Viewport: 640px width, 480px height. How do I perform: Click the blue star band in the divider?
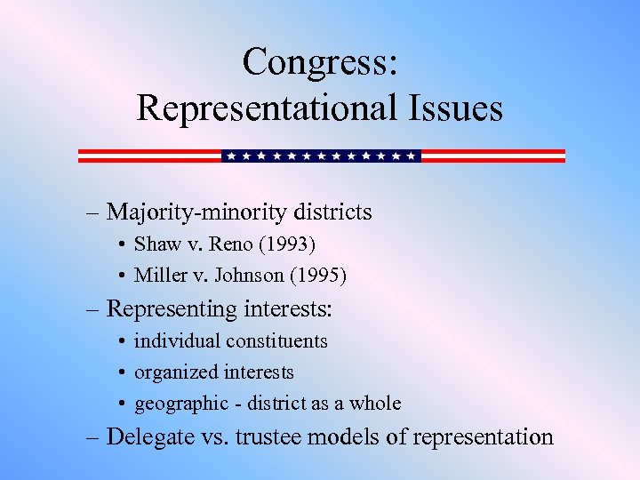[321, 156]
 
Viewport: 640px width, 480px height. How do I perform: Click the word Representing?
[167, 309]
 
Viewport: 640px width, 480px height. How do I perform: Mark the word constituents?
[276, 341]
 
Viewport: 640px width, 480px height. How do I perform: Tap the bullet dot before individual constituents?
[120, 341]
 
